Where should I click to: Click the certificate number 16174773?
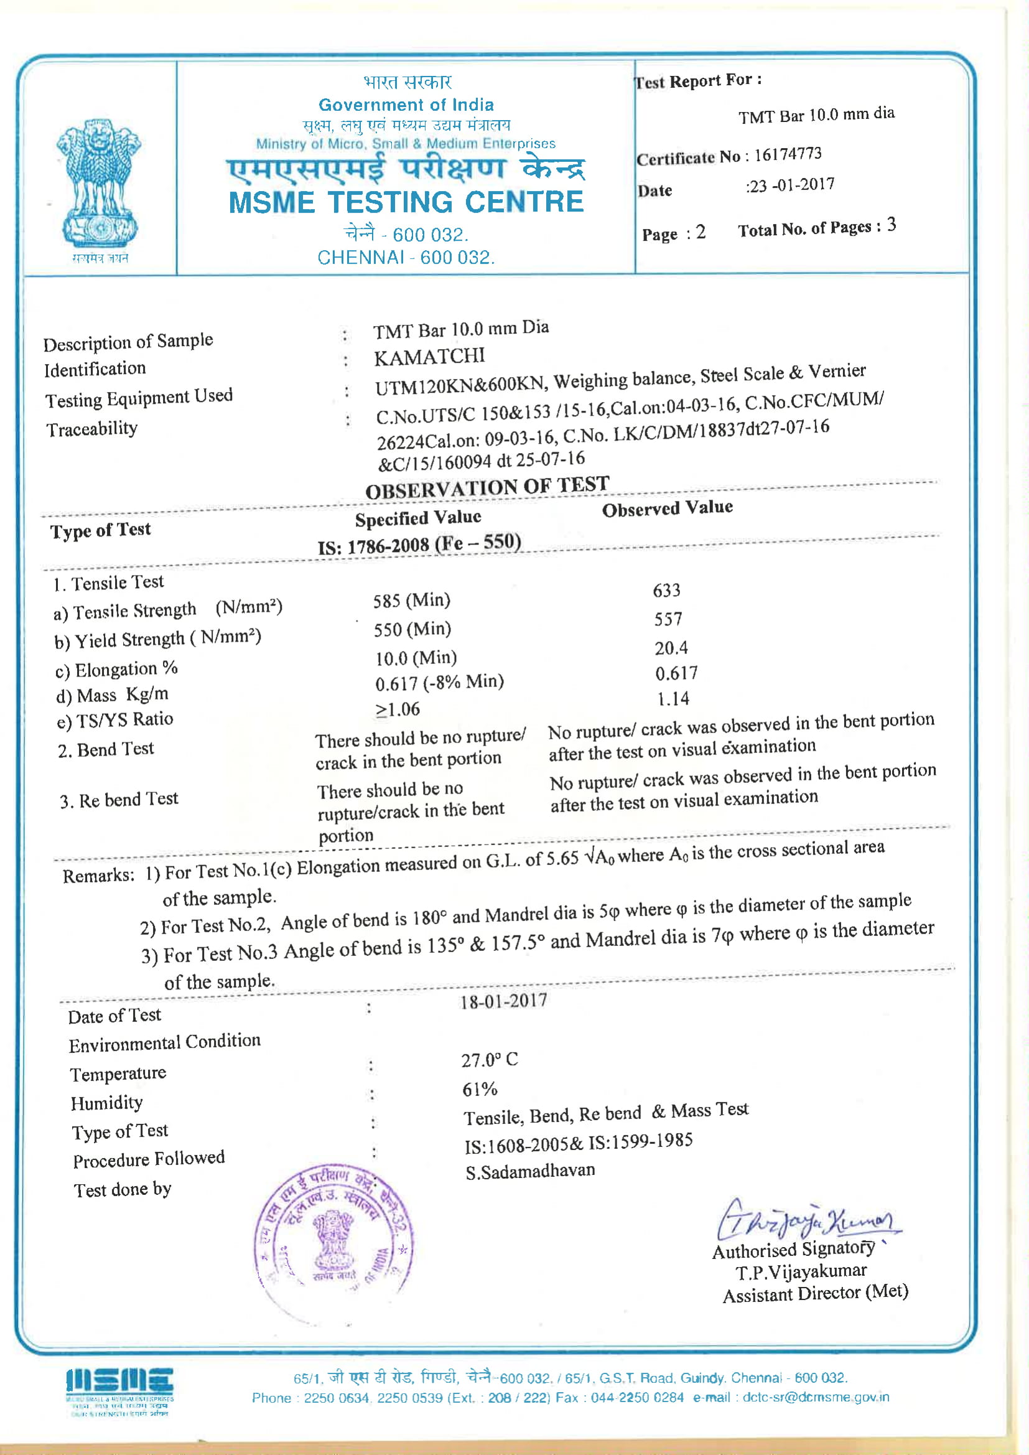coord(788,154)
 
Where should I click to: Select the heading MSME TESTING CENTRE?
coord(406,202)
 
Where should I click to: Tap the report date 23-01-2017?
coord(791,185)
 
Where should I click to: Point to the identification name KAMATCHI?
coord(429,357)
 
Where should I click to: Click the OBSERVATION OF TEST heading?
coord(487,487)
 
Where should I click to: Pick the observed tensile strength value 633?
coord(666,591)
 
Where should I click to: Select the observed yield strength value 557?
coord(668,619)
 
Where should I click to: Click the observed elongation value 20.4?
coord(671,648)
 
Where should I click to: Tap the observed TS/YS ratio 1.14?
coord(673,699)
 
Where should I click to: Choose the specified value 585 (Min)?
coord(411,600)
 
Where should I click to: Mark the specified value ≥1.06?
coord(398,709)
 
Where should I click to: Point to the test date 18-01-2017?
coord(503,1002)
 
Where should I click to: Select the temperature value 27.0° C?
coord(489,1060)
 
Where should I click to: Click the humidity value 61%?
coord(480,1090)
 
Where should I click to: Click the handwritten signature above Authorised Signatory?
coord(808,1219)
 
